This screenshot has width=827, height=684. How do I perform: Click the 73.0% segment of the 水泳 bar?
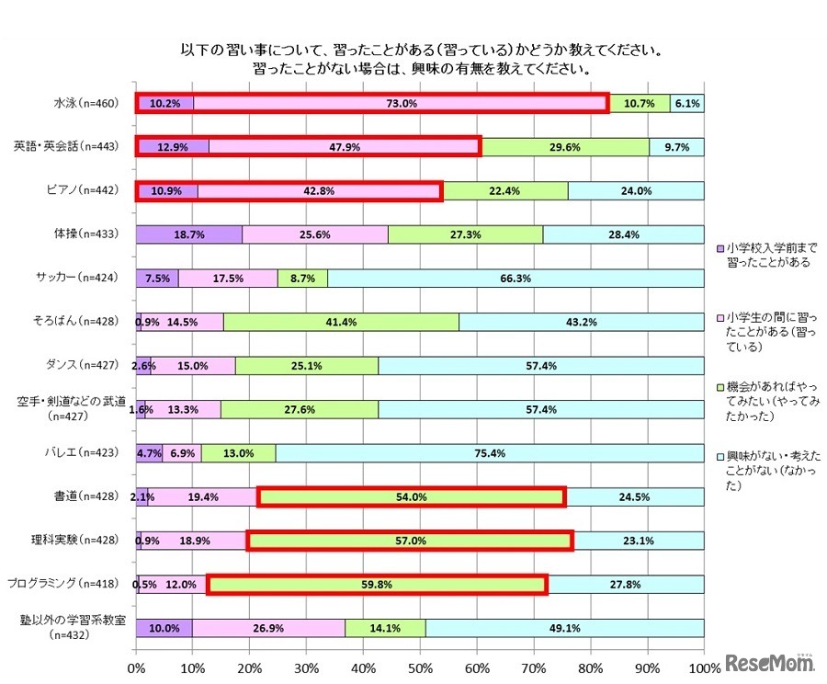tap(402, 104)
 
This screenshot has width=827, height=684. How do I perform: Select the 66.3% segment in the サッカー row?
tap(515, 279)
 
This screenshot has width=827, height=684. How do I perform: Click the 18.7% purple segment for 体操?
tap(189, 234)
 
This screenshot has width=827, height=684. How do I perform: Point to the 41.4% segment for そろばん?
tap(341, 322)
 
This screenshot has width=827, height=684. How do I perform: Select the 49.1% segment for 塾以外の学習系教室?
tap(564, 628)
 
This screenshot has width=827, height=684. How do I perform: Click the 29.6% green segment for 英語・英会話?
tap(565, 147)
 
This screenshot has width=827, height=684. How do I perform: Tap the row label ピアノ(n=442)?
tap(84, 191)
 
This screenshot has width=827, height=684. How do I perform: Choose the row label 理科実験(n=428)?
tap(82, 541)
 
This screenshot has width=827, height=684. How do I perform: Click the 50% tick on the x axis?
tap(420, 666)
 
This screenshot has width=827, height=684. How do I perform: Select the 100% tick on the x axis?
tap(704, 666)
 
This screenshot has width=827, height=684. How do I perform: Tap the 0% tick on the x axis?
tap(136, 666)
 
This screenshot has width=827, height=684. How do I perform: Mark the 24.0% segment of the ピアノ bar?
tap(636, 191)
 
